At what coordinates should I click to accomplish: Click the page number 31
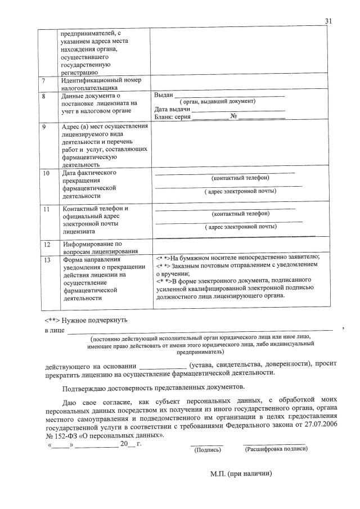(329, 21)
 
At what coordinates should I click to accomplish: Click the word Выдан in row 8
(163, 94)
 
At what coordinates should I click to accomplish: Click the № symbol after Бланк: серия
(233, 116)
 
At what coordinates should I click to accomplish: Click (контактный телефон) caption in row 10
(240, 178)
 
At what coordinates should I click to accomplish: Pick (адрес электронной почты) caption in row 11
(240, 227)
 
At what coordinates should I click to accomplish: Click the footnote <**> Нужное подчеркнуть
(85, 319)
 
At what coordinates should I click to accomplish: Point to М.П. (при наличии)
(241, 474)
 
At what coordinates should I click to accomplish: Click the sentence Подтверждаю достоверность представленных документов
(152, 388)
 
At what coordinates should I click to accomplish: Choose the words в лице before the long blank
(53, 331)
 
